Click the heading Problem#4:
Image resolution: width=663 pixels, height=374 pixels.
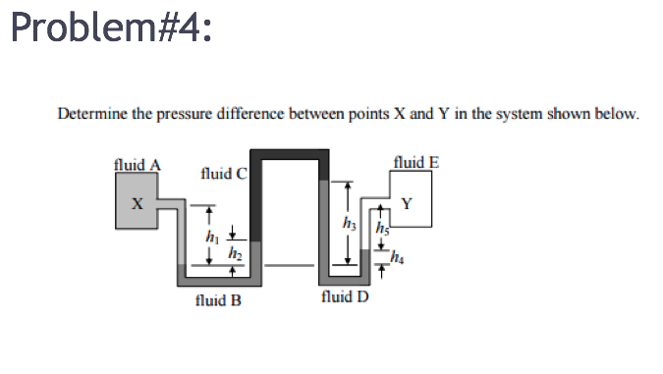pos(110,27)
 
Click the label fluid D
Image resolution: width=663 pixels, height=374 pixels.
pos(345,295)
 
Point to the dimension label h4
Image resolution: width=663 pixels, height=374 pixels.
pos(397,258)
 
